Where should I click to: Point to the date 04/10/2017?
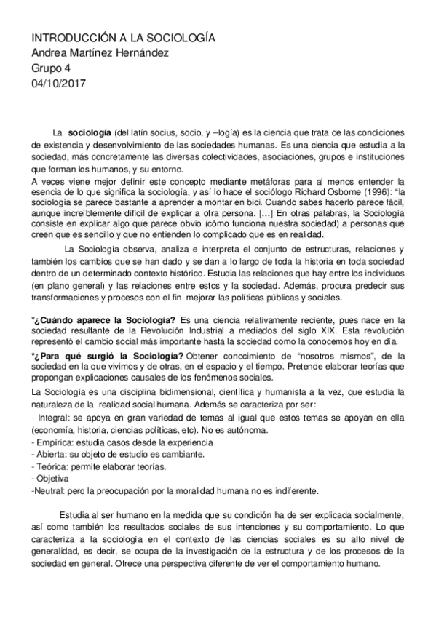pyautogui.click(x=59, y=83)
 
